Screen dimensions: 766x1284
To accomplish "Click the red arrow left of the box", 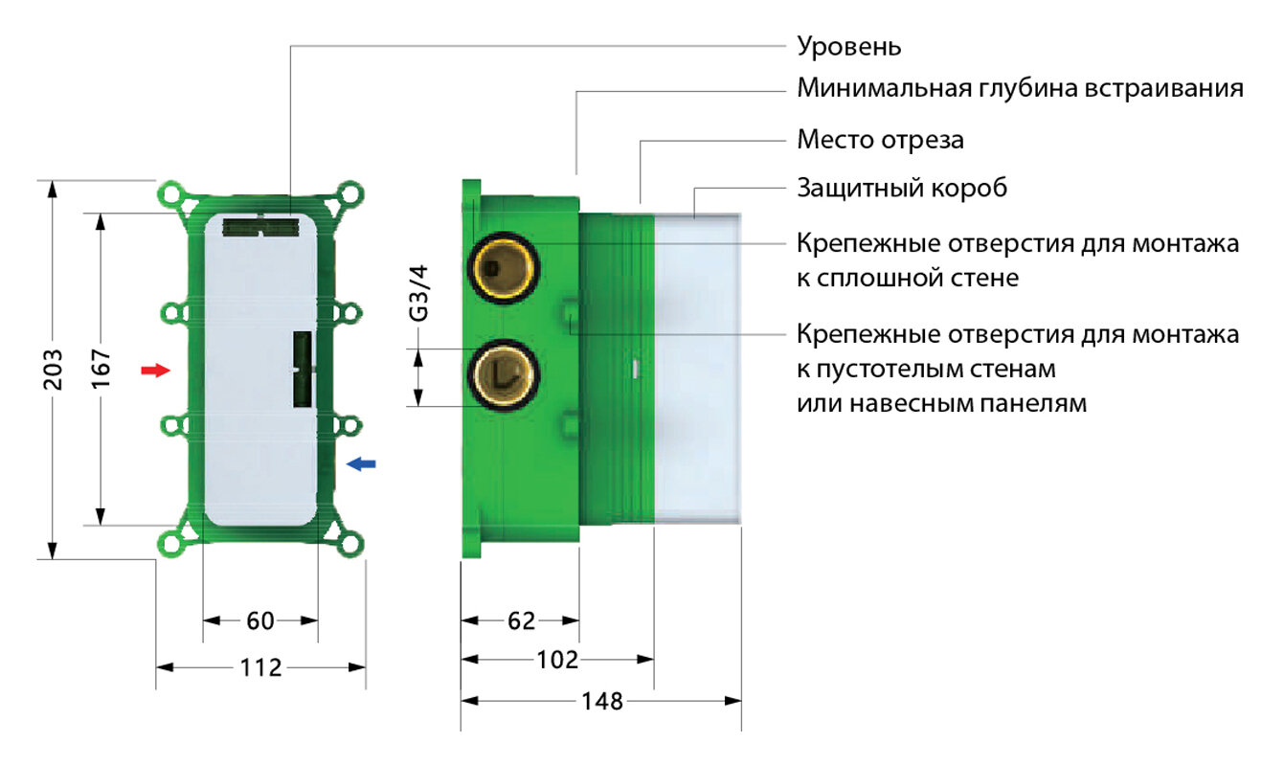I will tap(153, 370).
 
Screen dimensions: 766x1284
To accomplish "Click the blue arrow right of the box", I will tap(361, 463).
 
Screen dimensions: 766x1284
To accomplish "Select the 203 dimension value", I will tap(54, 368).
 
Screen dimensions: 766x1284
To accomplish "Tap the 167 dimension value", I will tap(101, 368).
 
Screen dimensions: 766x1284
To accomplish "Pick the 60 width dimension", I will tap(259, 621).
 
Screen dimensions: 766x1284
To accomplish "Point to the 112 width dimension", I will tap(260, 666).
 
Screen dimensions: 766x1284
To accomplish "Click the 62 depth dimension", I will tap(520, 621).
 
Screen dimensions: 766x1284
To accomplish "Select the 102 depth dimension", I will tap(557, 659).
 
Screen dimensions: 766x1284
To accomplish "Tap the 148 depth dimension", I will tap(601, 701).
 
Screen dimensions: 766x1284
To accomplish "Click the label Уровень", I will tap(849, 46).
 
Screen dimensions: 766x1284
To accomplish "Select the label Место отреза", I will tap(880, 140).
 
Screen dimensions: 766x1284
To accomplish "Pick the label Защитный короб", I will tap(902, 189).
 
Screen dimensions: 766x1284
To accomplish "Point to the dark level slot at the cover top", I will tap(260, 227).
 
